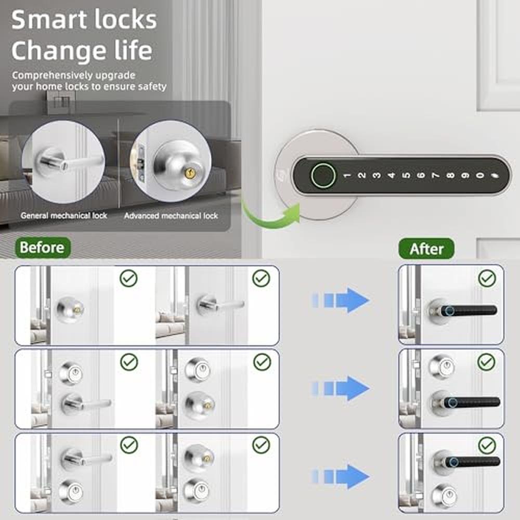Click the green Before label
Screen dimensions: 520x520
tap(43, 248)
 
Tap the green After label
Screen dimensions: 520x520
tap(426, 249)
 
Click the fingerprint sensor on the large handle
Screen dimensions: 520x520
tap(323, 175)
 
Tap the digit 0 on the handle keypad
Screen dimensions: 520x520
tap(479, 175)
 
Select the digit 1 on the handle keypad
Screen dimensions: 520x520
tap(347, 175)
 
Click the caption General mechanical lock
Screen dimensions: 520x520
tap(64, 216)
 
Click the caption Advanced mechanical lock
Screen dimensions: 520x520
tap(171, 216)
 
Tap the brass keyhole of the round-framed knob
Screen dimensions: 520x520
tap(189, 173)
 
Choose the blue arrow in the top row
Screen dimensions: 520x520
tap(341, 301)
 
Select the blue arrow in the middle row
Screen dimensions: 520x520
tap(341, 388)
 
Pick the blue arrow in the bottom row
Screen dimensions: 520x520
tap(341, 476)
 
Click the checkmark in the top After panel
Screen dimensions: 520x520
tap(487, 278)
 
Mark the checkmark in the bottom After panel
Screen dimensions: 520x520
tap(487, 446)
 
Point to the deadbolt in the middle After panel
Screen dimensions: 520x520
tap(441, 367)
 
